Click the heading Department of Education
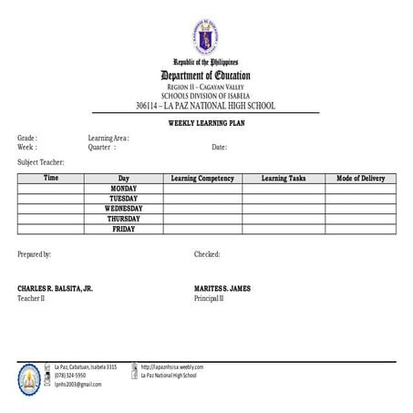click(205, 75)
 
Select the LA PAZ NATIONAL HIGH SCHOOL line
click(205, 106)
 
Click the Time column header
click(51, 179)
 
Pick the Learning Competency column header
click(202, 179)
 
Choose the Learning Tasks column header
click(283, 179)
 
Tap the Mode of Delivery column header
click(361, 179)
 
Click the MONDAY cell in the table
click(123, 189)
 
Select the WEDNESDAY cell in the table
click(123, 209)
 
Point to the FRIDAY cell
click(123, 229)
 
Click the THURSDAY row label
click(123, 219)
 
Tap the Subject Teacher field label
click(41, 161)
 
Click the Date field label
click(219, 147)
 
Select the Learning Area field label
click(108, 138)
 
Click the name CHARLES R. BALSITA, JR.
click(55, 288)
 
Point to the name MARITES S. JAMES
click(222, 288)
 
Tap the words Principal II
click(209, 298)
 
